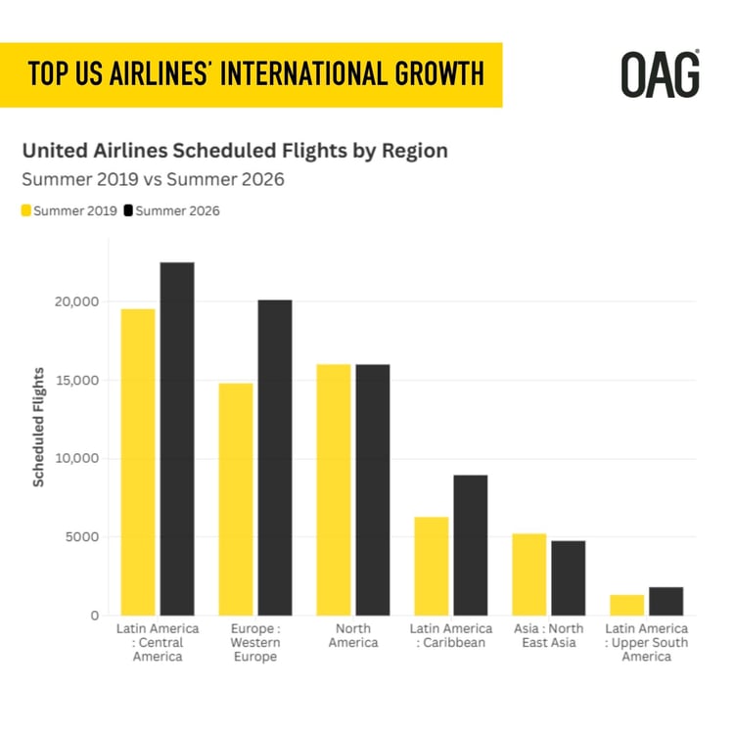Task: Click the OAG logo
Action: pyautogui.click(x=661, y=74)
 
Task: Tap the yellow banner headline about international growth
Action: pyautogui.click(x=255, y=74)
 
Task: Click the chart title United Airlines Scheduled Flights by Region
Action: pyautogui.click(x=235, y=151)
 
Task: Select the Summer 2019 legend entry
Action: pyautogui.click(x=69, y=210)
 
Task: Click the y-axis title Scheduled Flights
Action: pyautogui.click(x=39, y=427)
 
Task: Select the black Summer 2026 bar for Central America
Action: pyautogui.click(x=177, y=438)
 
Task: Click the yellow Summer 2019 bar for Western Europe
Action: pyautogui.click(x=236, y=499)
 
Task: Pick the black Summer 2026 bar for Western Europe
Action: pyautogui.click(x=275, y=457)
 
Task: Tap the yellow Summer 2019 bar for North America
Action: pyautogui.click(x=334, y=489)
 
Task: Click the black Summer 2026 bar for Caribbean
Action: pyautogui.click(x=471, y=545)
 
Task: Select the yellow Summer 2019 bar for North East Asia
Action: pyautogui.click(x=529, y=574)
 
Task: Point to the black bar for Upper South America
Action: pyautogui.click(x=666, y=601)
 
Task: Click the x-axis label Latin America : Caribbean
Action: pyautogui.click(x=451, y=635)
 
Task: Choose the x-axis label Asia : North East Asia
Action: pyautogui.click(x=549, y=635)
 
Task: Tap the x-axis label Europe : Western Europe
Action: pyautogui.click(x=255, y=642)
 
